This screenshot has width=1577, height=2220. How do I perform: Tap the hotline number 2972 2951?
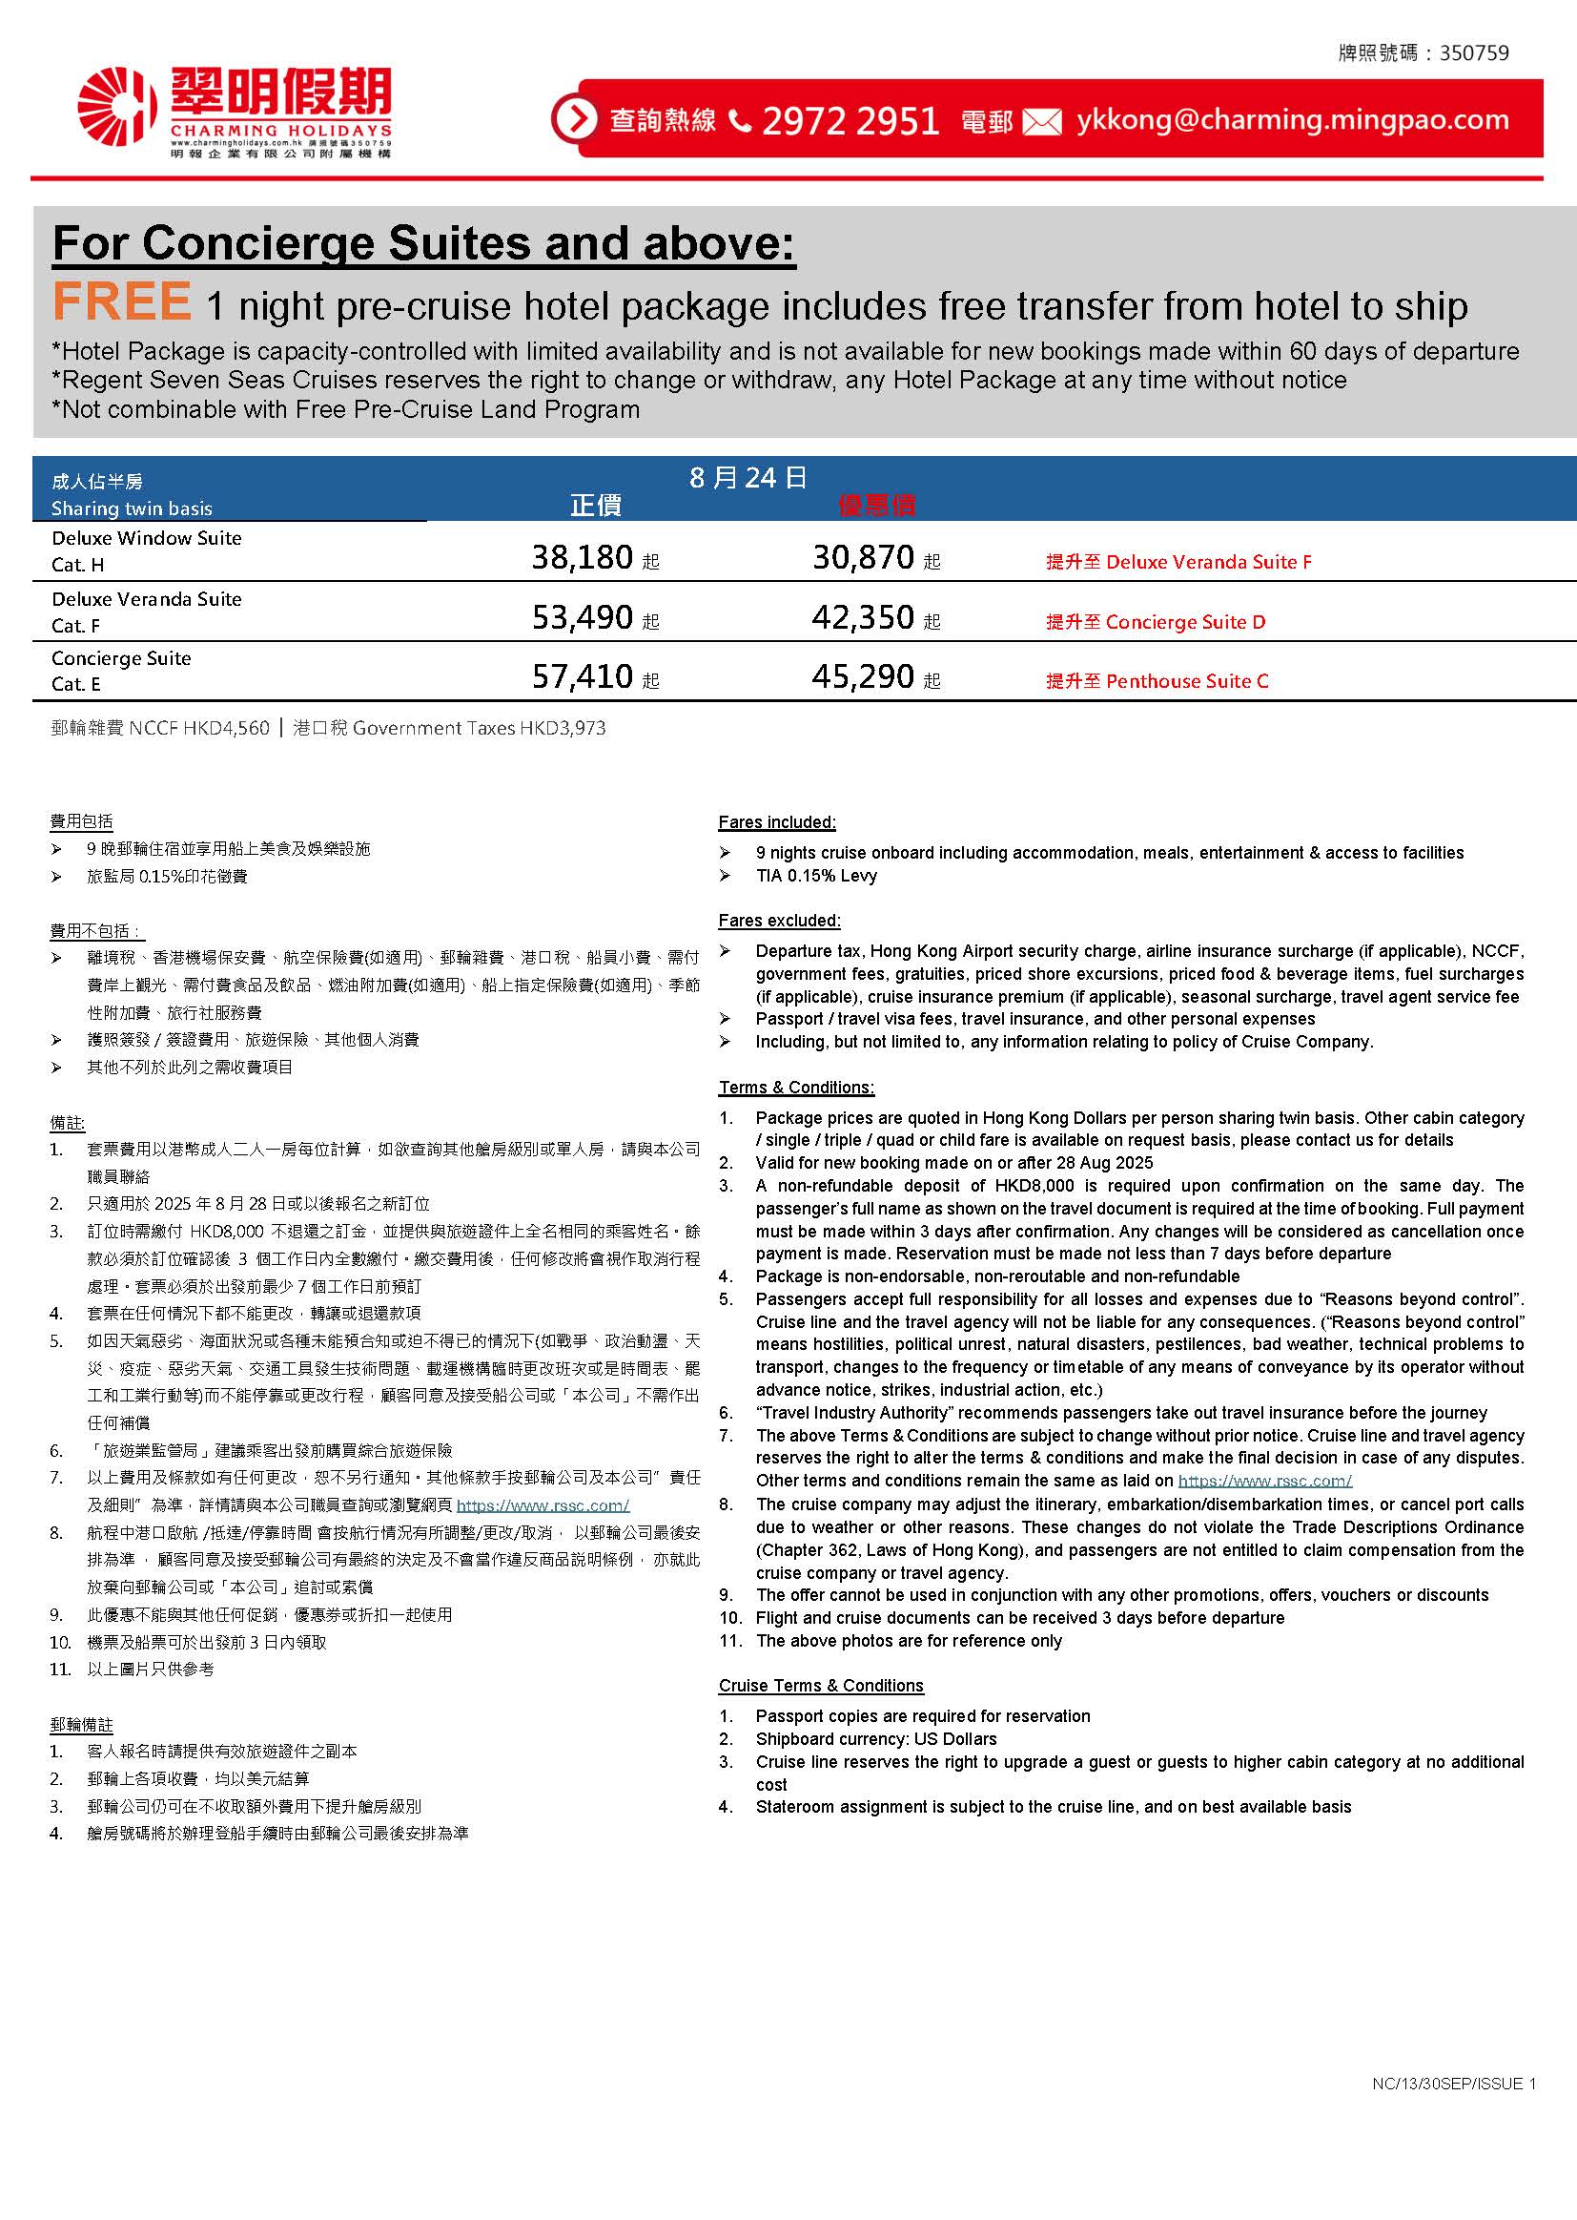[x=850, y=121]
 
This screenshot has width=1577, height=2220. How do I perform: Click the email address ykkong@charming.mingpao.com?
[x=1293, y=120]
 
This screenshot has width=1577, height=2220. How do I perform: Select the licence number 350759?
[x=1474, y=53]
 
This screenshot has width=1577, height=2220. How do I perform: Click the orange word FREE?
[x=122, y=302]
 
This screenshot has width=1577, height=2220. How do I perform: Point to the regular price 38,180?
[x=582, y=558]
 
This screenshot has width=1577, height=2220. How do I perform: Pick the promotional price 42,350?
[x=862, y=618]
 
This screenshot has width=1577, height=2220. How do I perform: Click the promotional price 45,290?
[x=862, y=677]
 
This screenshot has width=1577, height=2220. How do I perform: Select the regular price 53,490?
[x=582, y=618]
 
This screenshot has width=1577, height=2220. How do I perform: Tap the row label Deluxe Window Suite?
[x=147, y=538]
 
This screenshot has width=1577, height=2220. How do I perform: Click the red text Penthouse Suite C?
[x=1187, y=681]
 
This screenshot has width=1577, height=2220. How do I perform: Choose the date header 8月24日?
[x=748, y=477]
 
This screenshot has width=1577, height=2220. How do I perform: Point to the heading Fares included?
[x=777, y=822]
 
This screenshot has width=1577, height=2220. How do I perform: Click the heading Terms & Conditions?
[x=796, y=1088]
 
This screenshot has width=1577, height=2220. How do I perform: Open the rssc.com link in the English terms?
[x=1264, y=1481]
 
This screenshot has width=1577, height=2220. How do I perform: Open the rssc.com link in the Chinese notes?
[x=543, y=1504]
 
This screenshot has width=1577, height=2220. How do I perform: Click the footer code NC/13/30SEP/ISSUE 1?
[x=1454, y=2084]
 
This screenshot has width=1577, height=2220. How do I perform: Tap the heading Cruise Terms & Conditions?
[x=821, y=1686]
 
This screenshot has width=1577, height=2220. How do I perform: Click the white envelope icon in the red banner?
[x=1042, y=122]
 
